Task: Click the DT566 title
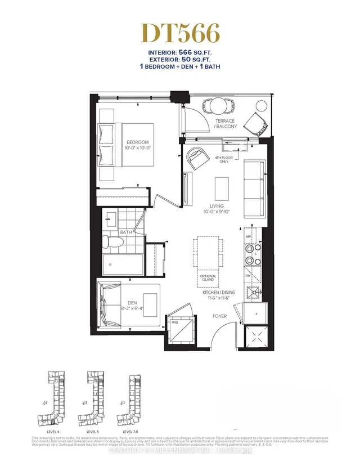(179, 34)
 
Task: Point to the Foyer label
(219, 317)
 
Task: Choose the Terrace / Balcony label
(225, 123)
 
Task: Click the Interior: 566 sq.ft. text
(179, 53)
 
